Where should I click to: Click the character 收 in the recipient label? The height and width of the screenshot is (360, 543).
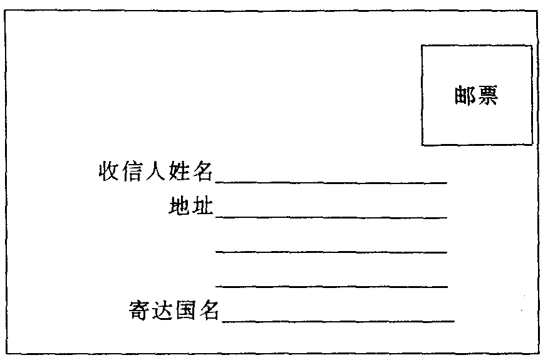click(x=109, y=170)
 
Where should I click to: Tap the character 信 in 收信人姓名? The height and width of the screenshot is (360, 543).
click(x=132, y=170)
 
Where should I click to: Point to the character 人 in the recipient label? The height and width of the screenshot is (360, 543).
click(x=155, y=171)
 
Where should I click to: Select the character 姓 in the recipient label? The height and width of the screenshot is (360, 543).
click(x=178, y=171)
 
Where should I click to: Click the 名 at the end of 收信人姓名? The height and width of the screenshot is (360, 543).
click(x=202, y=171)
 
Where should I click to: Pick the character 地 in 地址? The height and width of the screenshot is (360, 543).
click(x=179, y=206)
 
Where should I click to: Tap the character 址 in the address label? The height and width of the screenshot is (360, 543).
click(x=202, y=206)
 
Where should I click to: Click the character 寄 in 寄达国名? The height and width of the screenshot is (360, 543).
click(x=139, y=309)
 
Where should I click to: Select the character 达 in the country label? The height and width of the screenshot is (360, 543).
click(x=162, y=309)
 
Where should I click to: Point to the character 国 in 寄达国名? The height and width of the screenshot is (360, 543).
click(x=186, y=309)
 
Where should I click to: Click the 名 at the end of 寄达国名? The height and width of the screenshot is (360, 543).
click(x=209, y=309)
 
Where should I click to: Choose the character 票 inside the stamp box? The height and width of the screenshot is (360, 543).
click(x=488, y=95)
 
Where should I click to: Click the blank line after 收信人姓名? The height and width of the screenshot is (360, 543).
click(x=331, y=182)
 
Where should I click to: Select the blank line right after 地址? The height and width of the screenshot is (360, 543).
click(x=331, y=217)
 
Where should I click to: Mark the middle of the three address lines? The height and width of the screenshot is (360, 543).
click(x=331, y=252)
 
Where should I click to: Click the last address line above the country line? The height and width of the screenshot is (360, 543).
click(x=331, y=286)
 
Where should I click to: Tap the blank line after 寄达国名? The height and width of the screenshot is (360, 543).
click(x=338, y=322)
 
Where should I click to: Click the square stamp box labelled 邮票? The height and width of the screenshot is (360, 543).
click(x=477, y=45)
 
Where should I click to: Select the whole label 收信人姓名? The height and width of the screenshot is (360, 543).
click(x=155, y=171)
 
